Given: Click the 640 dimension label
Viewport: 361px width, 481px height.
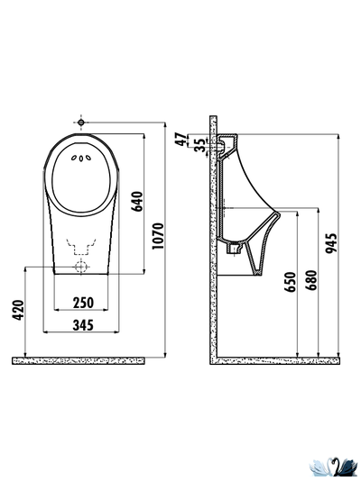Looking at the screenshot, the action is coord(137,201).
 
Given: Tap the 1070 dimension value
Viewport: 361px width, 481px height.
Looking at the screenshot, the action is coord(159,236).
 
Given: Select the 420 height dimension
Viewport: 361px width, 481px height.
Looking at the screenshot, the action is coord(18,310).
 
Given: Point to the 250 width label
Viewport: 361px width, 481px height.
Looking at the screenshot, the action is coord(83,303).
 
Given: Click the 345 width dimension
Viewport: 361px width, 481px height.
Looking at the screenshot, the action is coord(83,325).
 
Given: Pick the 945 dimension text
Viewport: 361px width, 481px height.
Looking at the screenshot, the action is coord(331,243).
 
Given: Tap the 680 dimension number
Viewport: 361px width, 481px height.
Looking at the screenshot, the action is coord(311,280).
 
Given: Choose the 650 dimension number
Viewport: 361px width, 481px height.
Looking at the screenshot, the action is coord(290,282).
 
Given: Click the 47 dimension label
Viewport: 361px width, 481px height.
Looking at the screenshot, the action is coord(181,140).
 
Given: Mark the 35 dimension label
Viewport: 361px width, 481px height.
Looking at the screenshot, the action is coord(200,145).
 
